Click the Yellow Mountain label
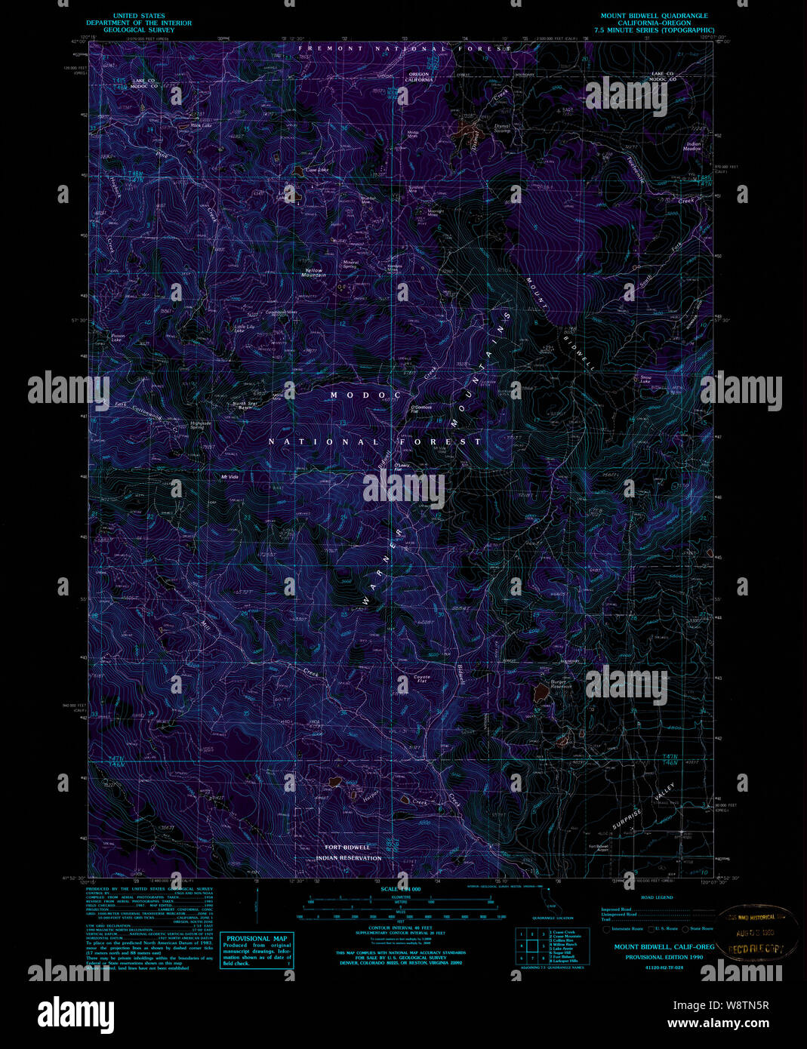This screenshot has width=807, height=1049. (313, 272)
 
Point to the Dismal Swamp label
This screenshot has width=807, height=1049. (502, 128)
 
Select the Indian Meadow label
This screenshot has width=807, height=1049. (692, 146)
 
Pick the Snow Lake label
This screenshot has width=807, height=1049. (645, 380)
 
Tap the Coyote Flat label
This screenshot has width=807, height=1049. (421, 679)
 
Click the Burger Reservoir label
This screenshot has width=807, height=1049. (561, 684)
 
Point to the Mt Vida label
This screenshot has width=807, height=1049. (229, 477)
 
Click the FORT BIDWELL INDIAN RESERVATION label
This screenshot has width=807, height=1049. (348, 853)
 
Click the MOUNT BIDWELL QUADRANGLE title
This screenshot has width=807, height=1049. (654, 16)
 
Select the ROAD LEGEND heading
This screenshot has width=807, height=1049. (656, 897)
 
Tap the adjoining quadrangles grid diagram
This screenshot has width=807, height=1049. (531, 946)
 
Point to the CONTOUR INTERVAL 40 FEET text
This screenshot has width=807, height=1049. (400, 927)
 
